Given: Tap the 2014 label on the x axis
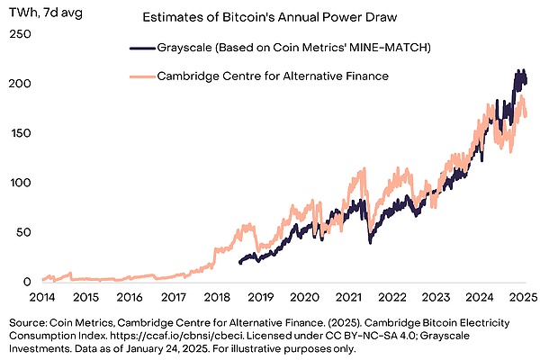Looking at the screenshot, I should click(x=41, y=297).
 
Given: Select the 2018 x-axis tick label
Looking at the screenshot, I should click(x=217, y=297).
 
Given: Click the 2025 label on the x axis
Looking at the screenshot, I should click(x=522, y=297).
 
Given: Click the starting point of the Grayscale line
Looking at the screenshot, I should click(x=239, y=262).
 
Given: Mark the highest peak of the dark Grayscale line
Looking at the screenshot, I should click(x=518, y=70).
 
